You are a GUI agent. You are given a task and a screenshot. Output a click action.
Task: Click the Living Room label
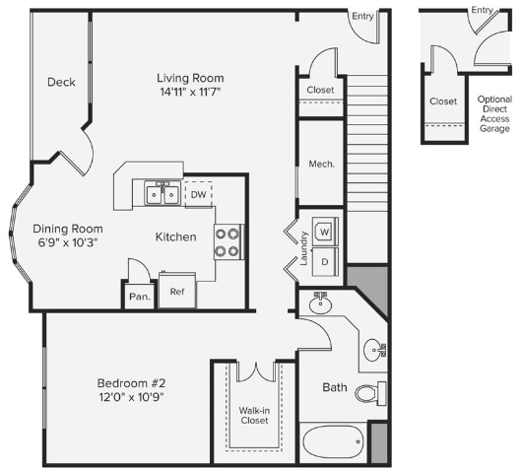tap(190, 78)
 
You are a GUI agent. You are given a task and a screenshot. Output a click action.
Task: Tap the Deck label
tap(61, 82)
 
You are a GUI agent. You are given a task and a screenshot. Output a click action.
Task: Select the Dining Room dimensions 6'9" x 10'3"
tap(68, 242)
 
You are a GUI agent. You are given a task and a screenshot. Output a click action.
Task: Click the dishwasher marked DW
tap(198, 194)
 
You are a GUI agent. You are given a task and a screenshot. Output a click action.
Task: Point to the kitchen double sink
tap(163, 193)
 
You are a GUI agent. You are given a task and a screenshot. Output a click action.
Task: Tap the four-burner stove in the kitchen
tap(228, 241)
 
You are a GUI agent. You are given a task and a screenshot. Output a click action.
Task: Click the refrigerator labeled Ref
tap(177, 290)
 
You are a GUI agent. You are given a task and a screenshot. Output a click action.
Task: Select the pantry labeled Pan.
tap(140, 297)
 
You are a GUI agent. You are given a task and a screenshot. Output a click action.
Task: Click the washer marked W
tap(325, 232)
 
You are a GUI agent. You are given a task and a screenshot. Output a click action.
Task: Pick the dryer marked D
tap(325, 261)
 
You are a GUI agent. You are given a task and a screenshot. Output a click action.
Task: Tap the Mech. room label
tap(321, 164)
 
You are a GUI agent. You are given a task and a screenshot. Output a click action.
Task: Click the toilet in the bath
tap(370, 393)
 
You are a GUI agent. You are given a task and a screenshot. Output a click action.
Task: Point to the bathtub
tap(333, 442)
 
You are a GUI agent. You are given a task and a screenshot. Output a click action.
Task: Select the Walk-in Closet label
tap(254, 416)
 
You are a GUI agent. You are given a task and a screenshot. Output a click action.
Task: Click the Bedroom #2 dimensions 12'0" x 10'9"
tap(132, 397)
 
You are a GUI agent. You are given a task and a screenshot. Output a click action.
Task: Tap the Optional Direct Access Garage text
tap(494, 113)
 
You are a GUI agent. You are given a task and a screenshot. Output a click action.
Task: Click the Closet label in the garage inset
tap(443, 101)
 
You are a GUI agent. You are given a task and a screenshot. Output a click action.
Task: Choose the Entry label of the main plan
tap(362, 16)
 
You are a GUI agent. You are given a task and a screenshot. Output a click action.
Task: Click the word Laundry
tap(303, 248)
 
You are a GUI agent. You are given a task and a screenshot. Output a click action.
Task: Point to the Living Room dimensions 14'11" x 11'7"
tap(190, 92)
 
